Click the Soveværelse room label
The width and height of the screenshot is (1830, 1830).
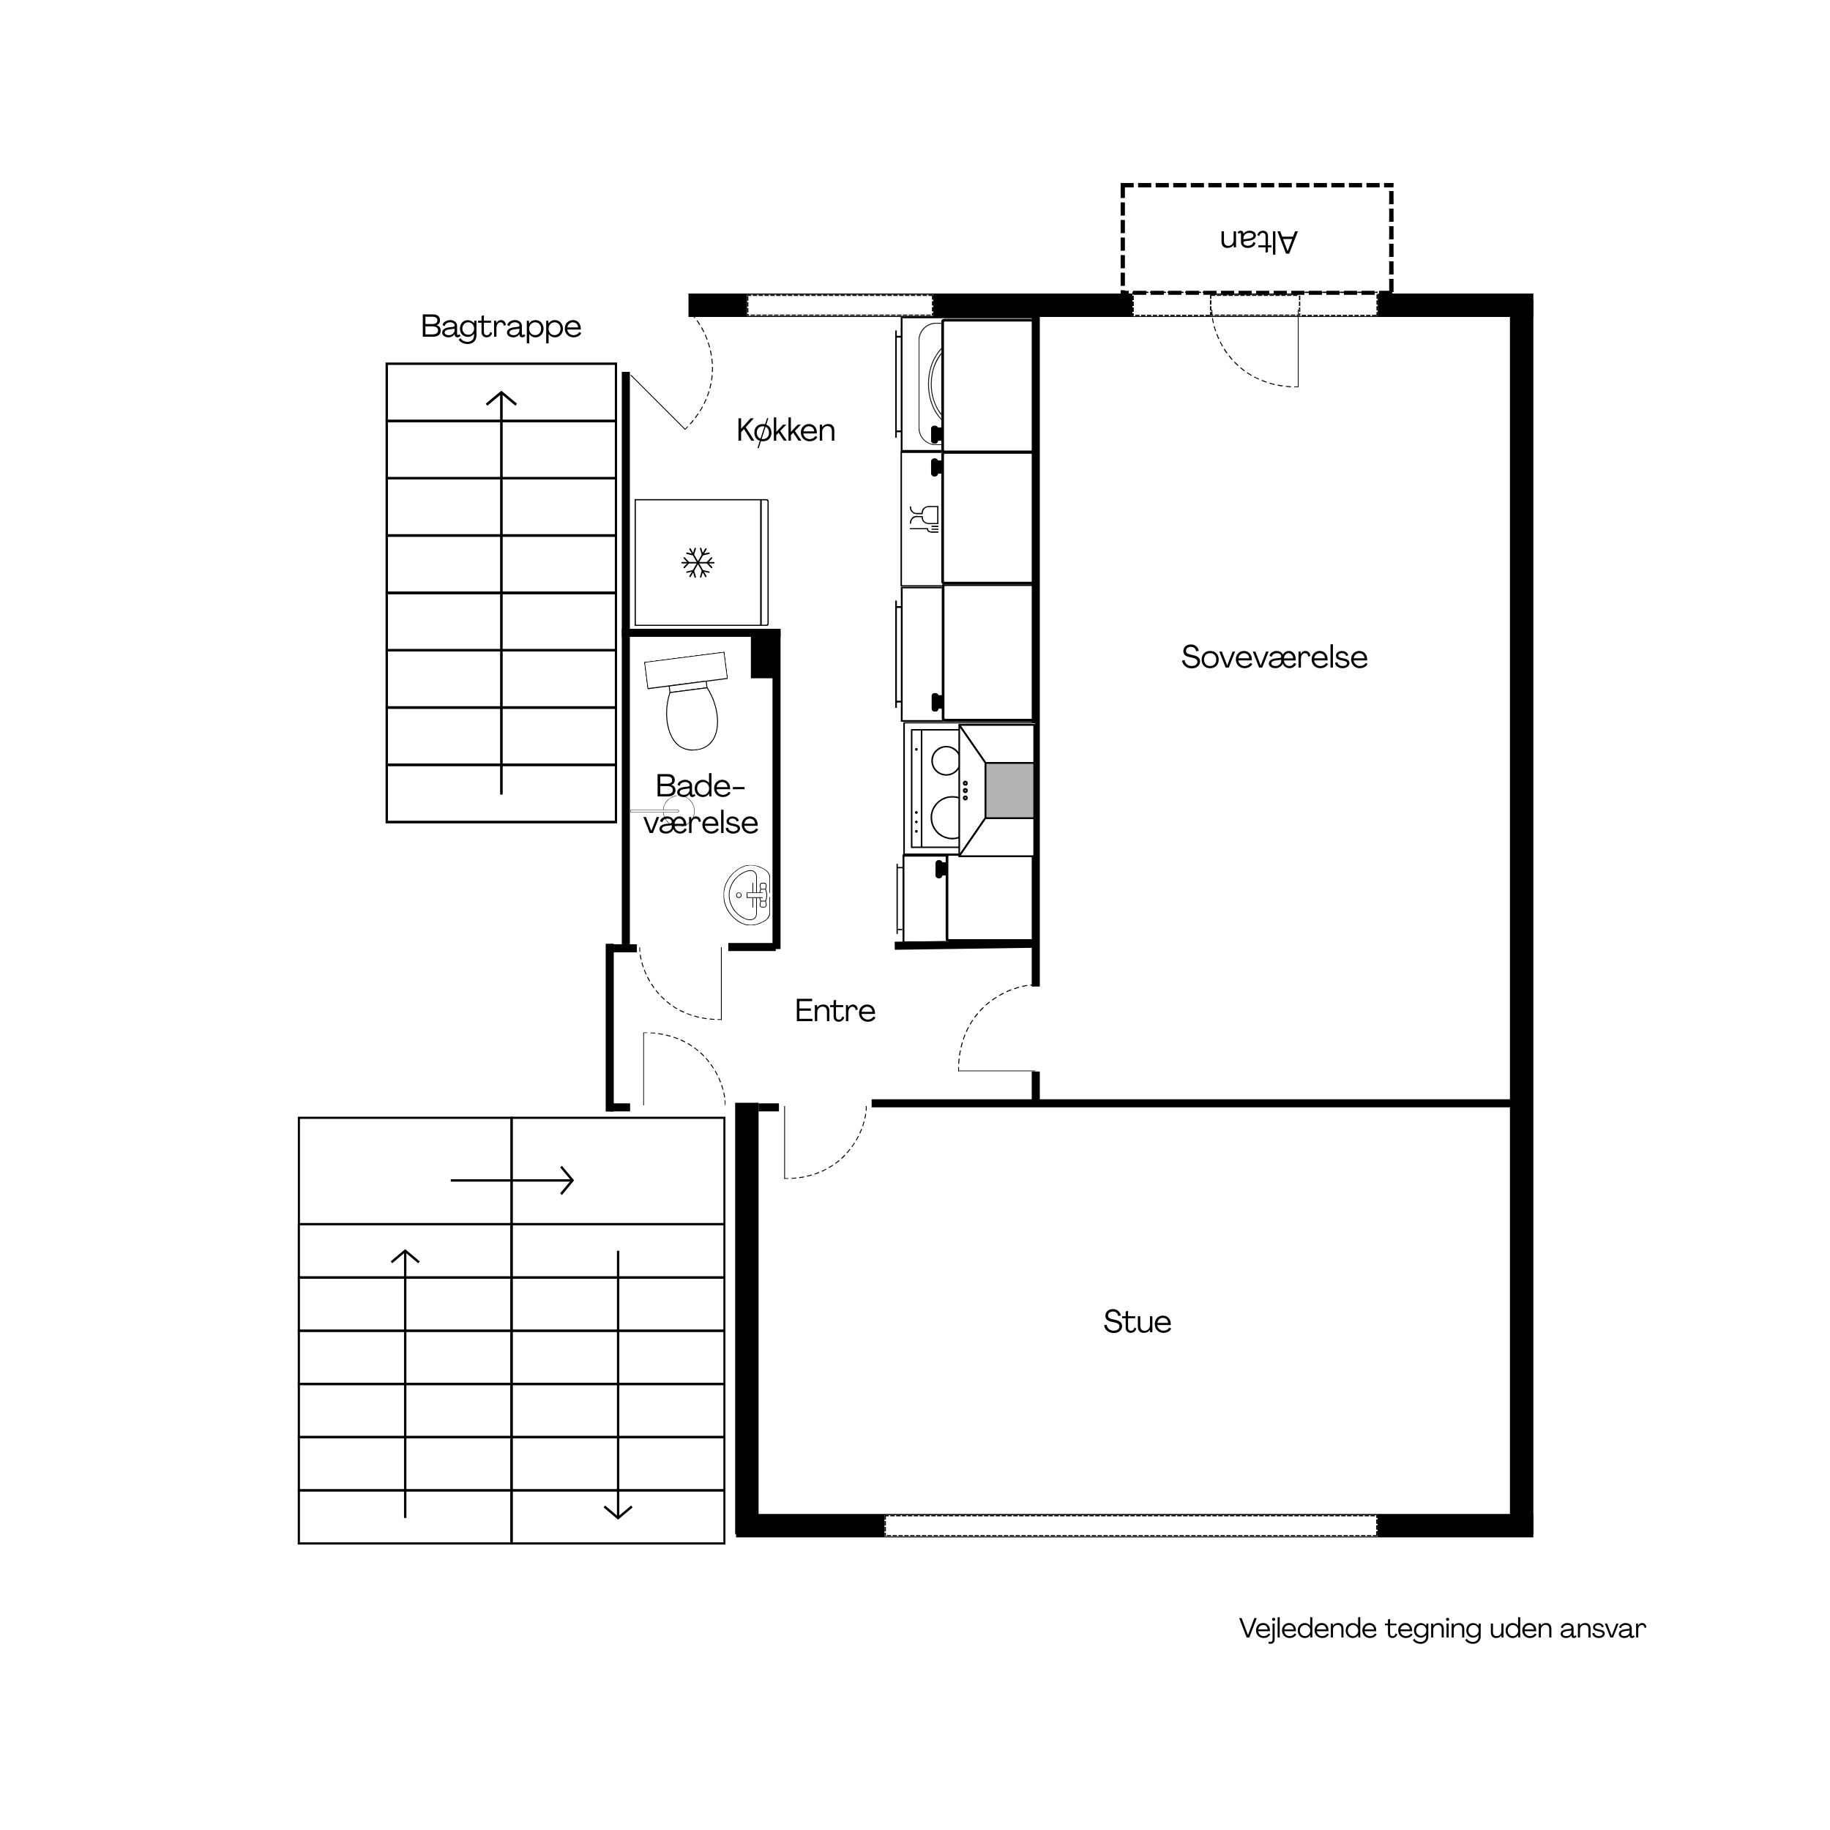point(1274,657)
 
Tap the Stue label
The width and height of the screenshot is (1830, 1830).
point(1137,1321)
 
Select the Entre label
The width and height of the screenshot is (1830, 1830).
point(834,1011)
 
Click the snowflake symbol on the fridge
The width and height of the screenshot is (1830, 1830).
point(698,563)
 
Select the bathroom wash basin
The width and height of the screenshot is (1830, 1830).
point(747,895)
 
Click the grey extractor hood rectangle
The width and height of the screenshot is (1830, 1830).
point(1009,790)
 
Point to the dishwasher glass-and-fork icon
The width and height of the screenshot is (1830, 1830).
point(925,518)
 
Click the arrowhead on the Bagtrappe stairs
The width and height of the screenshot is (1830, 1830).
point(501,399)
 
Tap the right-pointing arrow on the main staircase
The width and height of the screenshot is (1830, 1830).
point(512,1180)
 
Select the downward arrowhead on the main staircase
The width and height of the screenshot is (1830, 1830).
point(618,1511)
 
